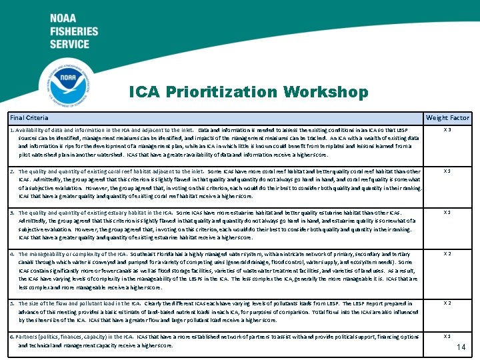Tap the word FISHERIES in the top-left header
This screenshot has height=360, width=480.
click(74, 31)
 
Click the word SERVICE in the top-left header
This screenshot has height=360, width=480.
click(69, 44)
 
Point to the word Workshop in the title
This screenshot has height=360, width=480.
click(325, 91)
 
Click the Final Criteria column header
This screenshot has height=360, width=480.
click(29, 118)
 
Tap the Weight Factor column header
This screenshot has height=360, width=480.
click(447, 118)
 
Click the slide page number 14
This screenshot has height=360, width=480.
click(461, 347)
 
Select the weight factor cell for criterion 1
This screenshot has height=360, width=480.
click(447, 130)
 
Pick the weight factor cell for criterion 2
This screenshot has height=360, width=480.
click(447, 171)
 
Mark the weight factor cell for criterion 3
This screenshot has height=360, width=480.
click(447, 213)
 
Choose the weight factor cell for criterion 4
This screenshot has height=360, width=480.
click(447, 254)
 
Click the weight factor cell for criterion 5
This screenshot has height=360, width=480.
click(447, 303)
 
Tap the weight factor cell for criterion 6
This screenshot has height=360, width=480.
click(447, 337)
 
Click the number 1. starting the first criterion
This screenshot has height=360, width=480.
click(12, 130)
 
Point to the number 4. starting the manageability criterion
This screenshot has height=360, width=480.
click(12, 254)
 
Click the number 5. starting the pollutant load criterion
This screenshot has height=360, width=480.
click(12, 303)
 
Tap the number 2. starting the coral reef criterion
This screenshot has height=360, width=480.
click(12, 171)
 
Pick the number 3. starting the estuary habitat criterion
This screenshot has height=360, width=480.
click(12, 213)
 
